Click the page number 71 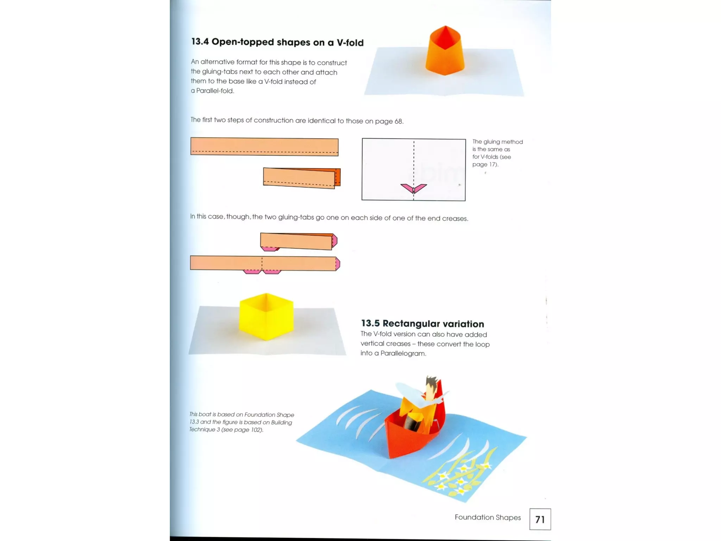pyautogui.click(x=540, y=519)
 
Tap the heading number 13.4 pyautogui.click(x=200, y=42)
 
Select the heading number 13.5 pyautogui.click(x=370, y=323)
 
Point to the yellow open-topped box pyautogui.click(x=266, y=317)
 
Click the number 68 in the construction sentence pyautogui.click(x=398, y=121)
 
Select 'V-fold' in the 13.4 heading pyautogui.click(x=350, y=43)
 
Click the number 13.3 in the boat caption pyautogui.click(x=194, y=422)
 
